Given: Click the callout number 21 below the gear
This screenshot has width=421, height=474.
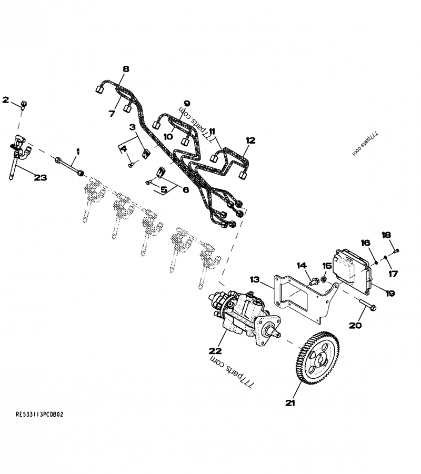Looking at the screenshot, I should (x=290, y=403).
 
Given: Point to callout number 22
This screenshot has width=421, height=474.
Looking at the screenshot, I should (x=215, y=350).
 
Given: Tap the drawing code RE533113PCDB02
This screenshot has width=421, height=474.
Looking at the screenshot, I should (x=39, y=415).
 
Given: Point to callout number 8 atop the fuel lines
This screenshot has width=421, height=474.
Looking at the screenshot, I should (x=125, y=69).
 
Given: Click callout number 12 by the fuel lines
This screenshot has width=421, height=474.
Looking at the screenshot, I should (x=249, y=140).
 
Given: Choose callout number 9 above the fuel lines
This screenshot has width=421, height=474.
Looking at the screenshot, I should (x=186, y=103).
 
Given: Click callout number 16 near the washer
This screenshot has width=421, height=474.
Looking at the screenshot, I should (x=365, y=242).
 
